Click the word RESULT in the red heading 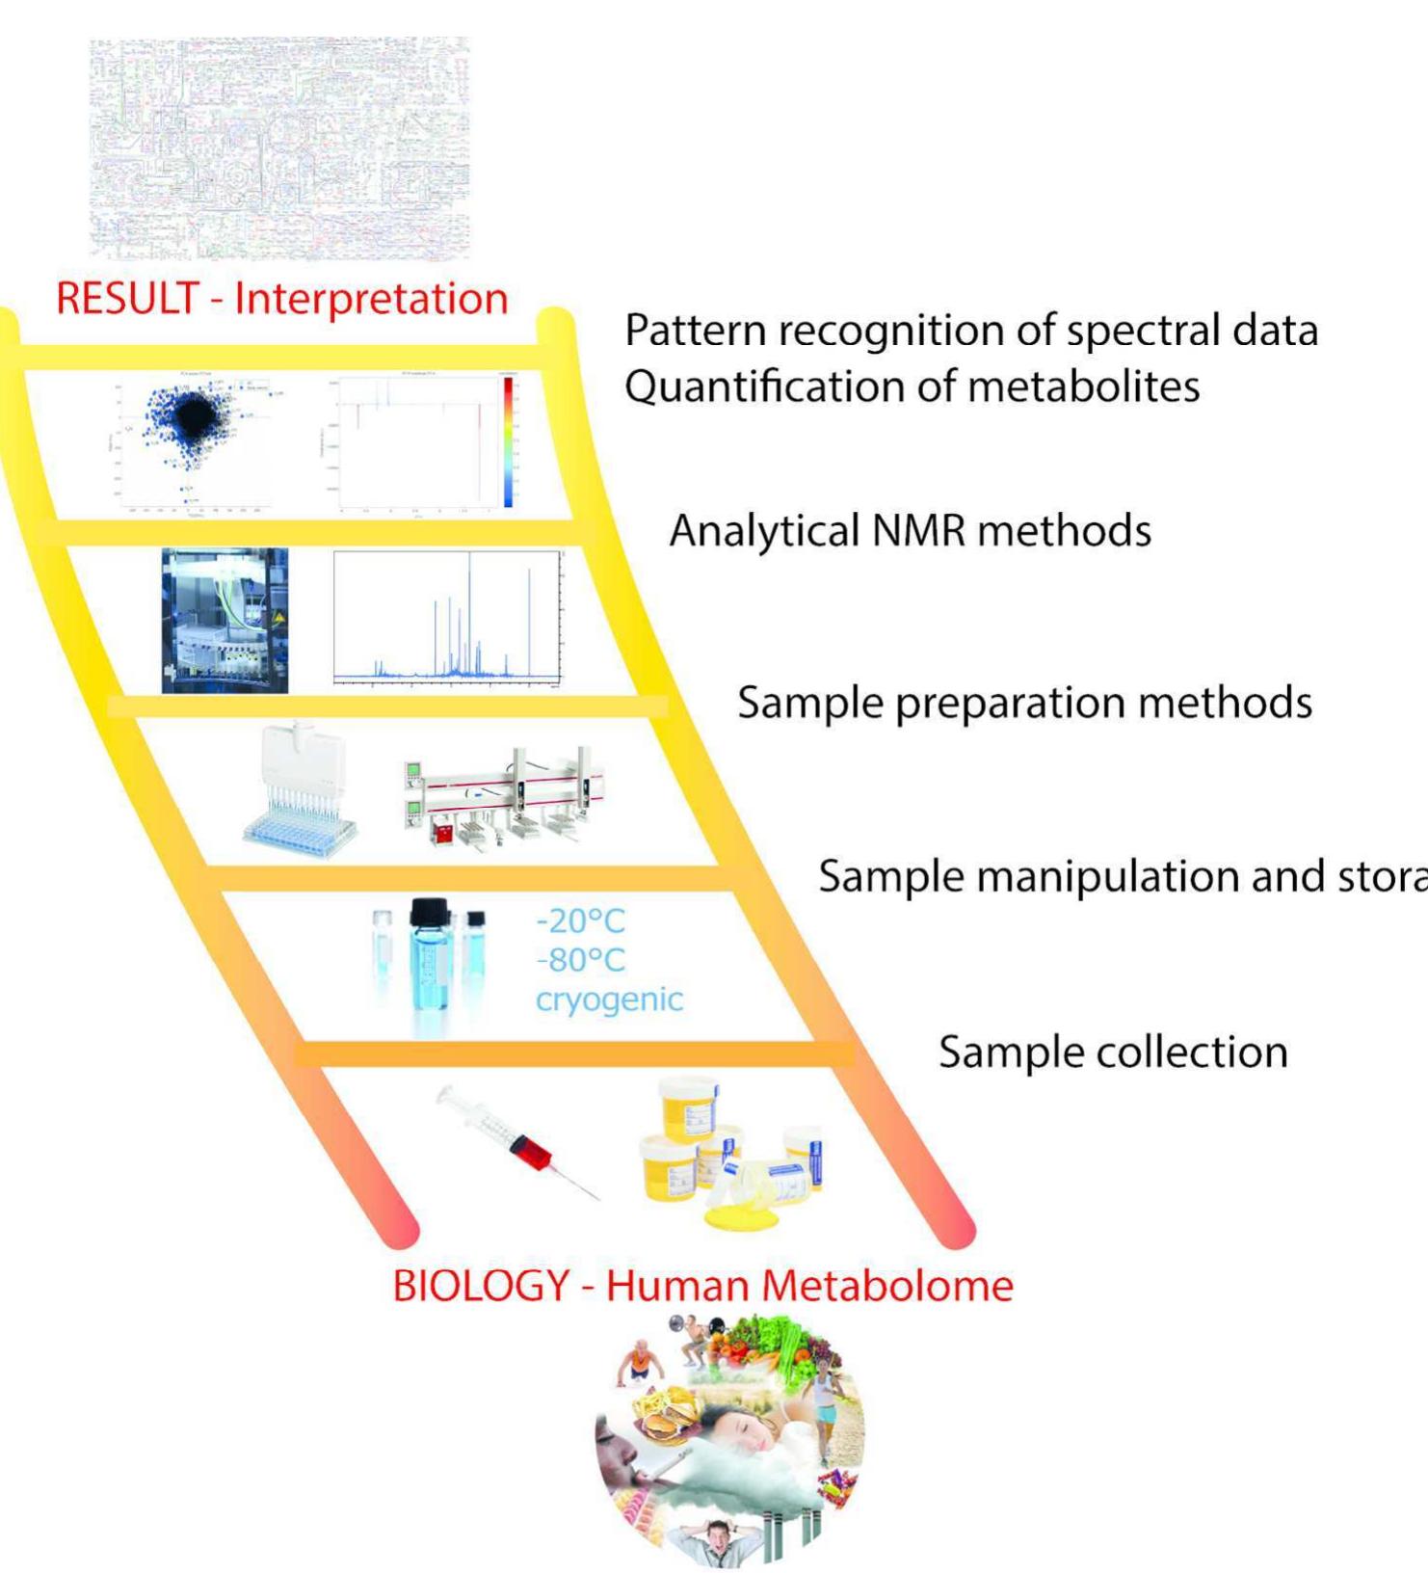pos(126,299)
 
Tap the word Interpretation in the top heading pos(371,299)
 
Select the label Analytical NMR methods pos(910,531)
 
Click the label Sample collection pos(1113,1052)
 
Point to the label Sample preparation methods pos(1024,703)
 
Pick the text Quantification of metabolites pos(912,387)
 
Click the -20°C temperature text pos(580,921)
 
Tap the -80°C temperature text pos(580,960)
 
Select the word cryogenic pos(609,1000)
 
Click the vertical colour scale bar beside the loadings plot pos(508,441)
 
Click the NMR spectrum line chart pos(446,618)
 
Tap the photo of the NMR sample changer pos(225,621)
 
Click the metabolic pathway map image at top pos(279,149)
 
